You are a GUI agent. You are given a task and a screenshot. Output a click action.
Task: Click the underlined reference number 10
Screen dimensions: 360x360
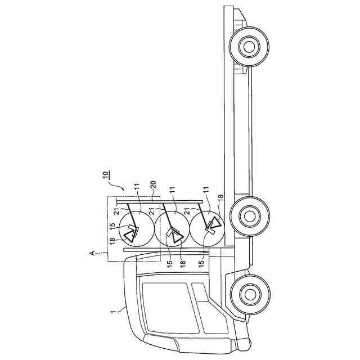click(107, 174)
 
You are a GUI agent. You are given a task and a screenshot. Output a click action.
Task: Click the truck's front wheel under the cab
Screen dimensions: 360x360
click(248, 294)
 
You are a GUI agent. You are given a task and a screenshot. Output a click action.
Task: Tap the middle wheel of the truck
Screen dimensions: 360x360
click(248, 214)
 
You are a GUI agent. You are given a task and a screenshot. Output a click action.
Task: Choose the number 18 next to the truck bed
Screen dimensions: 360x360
click(220, 197)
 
